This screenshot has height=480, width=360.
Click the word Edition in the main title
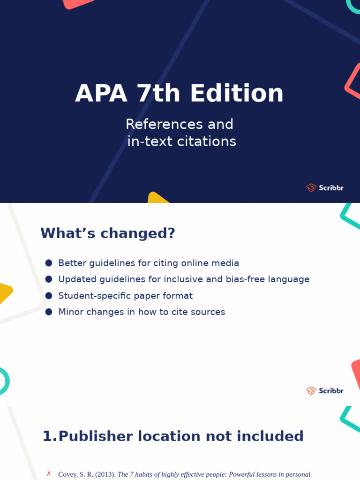tap(237, 93)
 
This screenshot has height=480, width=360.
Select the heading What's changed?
tap(108, 233)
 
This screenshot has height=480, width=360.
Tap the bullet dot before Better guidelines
tap(49, 263)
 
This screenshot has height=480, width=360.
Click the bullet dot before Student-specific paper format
tap(49, 296)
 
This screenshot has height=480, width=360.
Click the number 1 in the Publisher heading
tap(47, 436)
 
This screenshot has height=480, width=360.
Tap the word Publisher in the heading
tap(95, 436)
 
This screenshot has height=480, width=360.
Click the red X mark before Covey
tap(48, 474)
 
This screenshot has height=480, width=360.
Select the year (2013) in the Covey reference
tap(105, 474)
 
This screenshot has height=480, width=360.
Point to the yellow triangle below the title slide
tap(156, 198)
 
